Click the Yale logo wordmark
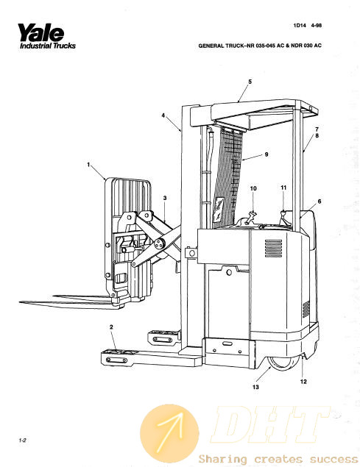41,32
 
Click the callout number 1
88,165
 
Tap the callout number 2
111,327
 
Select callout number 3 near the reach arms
165,198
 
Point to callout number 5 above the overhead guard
250,82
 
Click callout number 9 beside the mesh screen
267,154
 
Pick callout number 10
253,188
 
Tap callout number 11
283,188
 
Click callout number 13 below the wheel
255,387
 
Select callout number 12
303,382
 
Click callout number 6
320,202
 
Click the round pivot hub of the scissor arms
160,244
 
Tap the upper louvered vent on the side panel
273,249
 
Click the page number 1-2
22,440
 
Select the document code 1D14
300,25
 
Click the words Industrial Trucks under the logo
48,46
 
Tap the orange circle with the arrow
169,433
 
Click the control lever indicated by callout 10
250,218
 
